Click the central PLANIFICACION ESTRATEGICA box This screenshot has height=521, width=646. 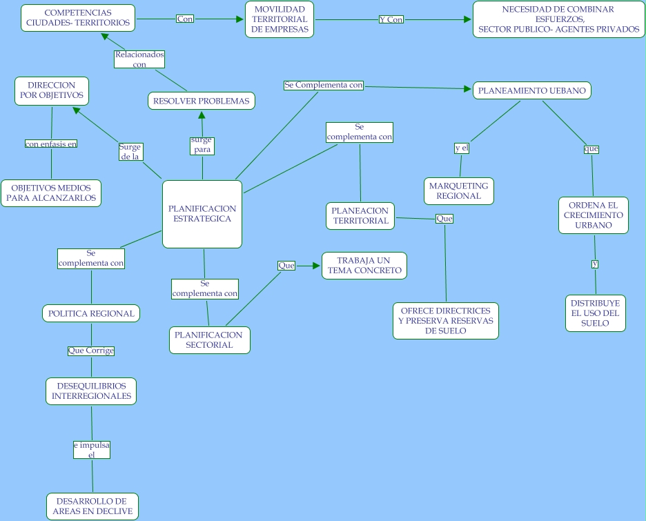[x=202, y=214]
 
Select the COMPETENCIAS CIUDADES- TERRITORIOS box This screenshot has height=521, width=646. [x=77, y=18]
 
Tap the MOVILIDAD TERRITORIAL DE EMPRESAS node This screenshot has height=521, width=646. [x=280, y=19]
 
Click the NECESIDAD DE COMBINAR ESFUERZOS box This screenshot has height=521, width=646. [x=558, y=19]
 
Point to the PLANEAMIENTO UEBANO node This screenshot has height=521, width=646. [x=532, y=90]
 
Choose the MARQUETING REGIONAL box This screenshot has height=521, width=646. [x=458, y=191]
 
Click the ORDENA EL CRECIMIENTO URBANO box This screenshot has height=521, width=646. [x=593, y=215]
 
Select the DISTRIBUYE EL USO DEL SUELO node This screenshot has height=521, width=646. [x=595, y=313]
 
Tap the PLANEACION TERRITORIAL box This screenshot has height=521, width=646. [x=360, y=216]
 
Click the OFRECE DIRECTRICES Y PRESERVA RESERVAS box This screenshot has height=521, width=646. [x=445, y=321]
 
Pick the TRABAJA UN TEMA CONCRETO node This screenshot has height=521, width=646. [x=364, y=266]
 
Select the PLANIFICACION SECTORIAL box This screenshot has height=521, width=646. [x=209, y=340]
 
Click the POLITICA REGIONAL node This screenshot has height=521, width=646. [x=91, y=313]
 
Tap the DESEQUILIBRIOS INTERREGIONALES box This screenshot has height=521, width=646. [x=91, y=391]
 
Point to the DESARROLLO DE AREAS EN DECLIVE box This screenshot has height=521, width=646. [x=92, y=507]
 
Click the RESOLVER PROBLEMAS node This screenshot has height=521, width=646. [x=201, y=101]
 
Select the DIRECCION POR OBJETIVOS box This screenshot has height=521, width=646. [x=52, y=90]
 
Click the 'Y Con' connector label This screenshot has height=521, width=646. [x=391, y=19]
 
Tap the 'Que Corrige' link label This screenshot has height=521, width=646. [x=90, y=351]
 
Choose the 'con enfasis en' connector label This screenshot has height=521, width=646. [x=51, y=144]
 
